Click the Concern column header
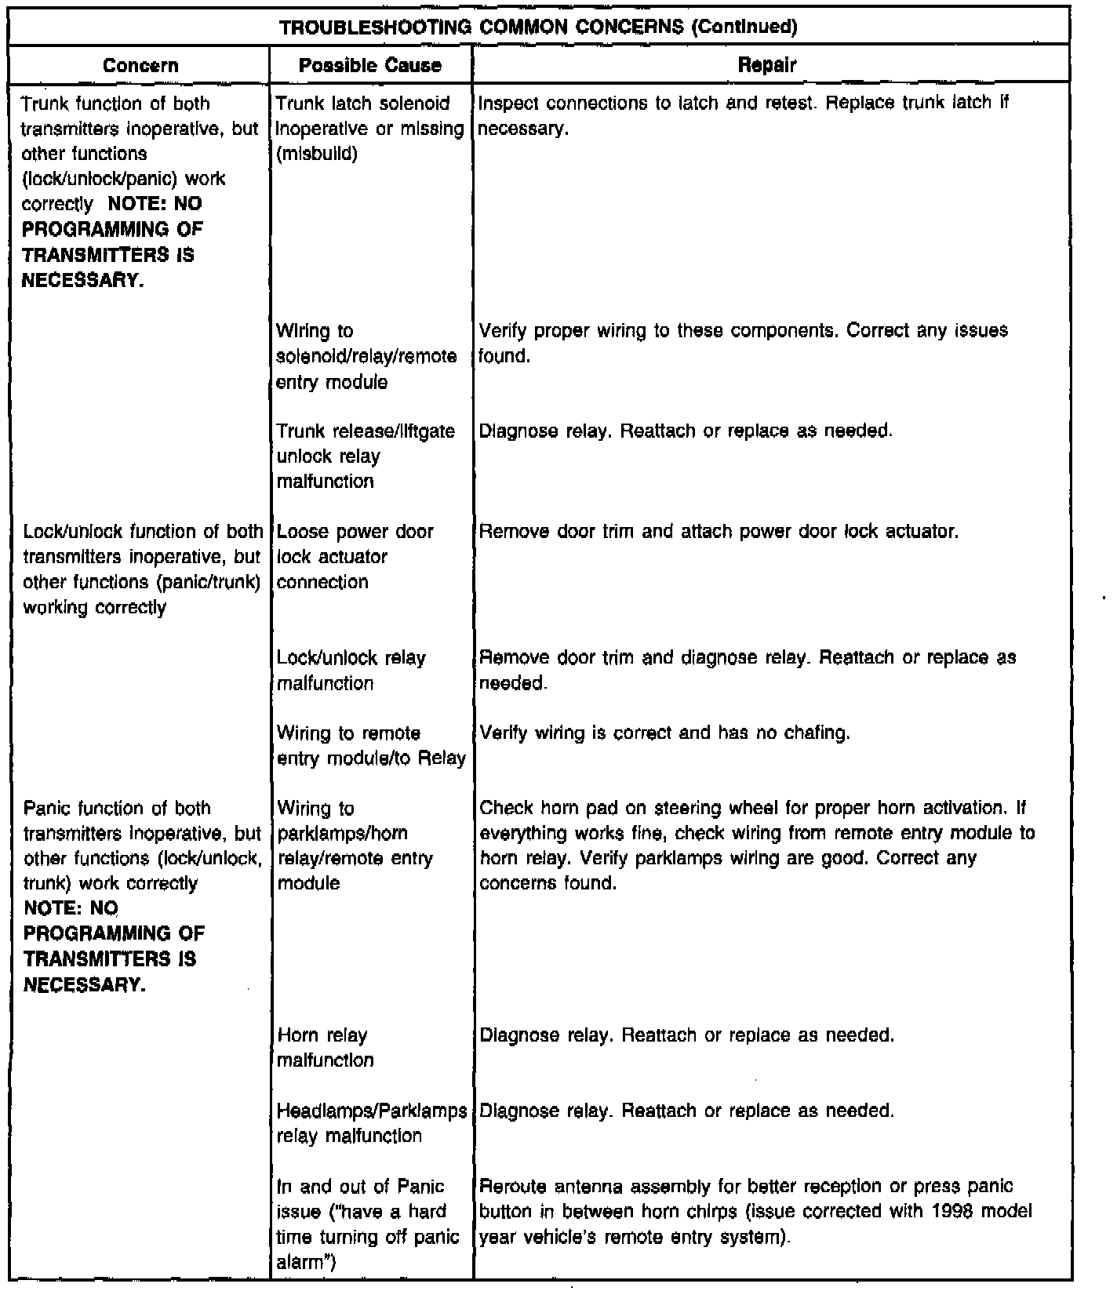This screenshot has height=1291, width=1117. tap(140, 65)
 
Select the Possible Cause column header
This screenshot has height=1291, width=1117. tap(370, 65)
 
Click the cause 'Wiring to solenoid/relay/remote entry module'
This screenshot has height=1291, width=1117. tap(366, 356)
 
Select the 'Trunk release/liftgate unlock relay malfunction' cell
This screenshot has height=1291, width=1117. tap(366, 456)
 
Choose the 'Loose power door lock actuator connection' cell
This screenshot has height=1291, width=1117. tap(355, 556)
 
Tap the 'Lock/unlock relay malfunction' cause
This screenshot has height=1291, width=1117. tap(351, 670)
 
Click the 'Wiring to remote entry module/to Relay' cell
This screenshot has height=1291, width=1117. tap(370, 745)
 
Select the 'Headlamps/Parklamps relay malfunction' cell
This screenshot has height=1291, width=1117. tap(372, 1122)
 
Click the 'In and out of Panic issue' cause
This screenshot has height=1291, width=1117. tap(367, 1224)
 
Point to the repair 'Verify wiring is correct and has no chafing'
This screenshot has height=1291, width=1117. tap(664, 733)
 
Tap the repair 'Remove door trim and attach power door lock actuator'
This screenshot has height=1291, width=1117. tap(719, 532)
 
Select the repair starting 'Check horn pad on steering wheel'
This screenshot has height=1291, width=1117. tap(756, 846)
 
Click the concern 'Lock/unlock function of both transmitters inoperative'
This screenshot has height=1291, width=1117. tap(143, 569)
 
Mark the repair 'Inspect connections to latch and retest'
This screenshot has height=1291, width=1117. tap(742, 115)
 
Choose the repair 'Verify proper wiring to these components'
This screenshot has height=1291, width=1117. tap(742, 343)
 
